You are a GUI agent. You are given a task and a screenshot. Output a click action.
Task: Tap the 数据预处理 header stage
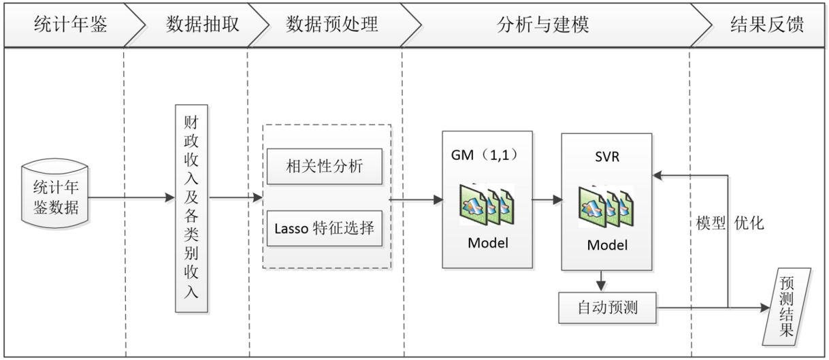(x=331, y=25)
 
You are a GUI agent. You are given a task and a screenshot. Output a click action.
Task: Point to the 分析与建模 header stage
(x=542, y=25)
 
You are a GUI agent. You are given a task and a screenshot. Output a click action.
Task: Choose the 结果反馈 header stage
(x=766, y=25)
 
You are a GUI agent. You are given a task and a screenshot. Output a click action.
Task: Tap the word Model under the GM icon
(x=487, y=243)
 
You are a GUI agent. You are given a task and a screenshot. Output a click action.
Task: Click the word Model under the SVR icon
(x=606, y=245)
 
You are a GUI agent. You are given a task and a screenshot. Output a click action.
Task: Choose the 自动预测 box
(x=606, y=308)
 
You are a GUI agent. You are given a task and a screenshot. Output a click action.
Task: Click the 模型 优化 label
(x=730, y=223)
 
